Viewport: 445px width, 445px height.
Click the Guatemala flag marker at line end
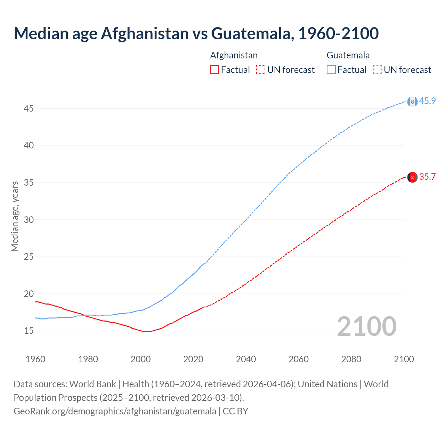point(412,102)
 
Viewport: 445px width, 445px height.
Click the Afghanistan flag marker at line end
point(412,177)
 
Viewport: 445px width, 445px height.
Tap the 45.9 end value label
point(427,101)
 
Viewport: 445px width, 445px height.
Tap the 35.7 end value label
point(427,177)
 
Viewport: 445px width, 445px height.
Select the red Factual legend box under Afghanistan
point(215,70)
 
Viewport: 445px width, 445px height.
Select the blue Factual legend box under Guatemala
point(331,70)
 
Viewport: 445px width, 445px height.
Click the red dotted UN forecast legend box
point(261,70)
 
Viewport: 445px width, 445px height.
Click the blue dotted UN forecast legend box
point(378,70)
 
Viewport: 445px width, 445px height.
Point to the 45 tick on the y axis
point(29,109)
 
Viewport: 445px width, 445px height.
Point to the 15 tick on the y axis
point(29,331)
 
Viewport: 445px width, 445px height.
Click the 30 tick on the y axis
point(29,220)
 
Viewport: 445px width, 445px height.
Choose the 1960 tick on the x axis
point(35,359)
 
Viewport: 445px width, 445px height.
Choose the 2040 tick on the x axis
point(246,359)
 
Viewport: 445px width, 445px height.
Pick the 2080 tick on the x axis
point(351,359)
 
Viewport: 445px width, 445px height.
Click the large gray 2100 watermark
point(366,326)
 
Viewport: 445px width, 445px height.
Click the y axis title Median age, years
point(15,216)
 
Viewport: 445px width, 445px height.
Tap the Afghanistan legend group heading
point(234,55)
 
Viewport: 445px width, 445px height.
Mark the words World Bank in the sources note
point(92,384)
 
